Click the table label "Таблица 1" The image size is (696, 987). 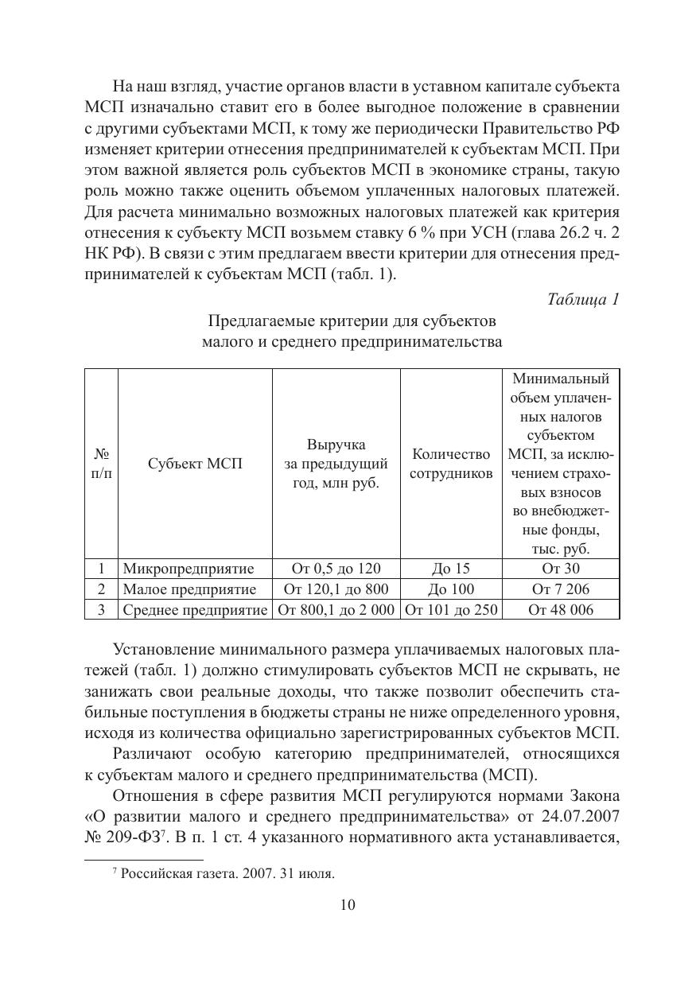point(583,299)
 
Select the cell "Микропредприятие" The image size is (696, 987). point(188,568)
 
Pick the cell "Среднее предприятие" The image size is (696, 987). point(195,610)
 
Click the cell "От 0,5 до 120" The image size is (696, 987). point(336,568)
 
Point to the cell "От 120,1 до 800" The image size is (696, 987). point(336,589)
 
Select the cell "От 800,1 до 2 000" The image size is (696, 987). point(336,610)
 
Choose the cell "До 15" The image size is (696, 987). point(450,568)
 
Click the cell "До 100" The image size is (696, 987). point(450,589)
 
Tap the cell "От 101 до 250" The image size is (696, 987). point(451,610)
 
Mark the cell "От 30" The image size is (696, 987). point(561,568)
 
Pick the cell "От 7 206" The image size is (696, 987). point(561,589)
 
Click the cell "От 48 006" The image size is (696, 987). point(561,610)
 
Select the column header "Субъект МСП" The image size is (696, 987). point(195,464)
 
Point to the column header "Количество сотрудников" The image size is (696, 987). point(451,464)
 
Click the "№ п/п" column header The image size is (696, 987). point(101,464)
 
